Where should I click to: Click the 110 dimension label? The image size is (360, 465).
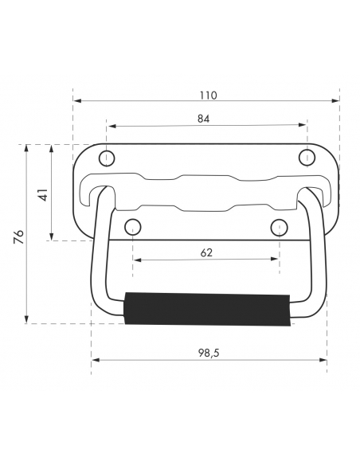pyautogui.click(x=208, y=96)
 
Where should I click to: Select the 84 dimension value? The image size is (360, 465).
pyautogui.click(x=203, y=119)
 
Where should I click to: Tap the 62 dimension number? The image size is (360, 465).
pyautogui.click(x=206, y=252)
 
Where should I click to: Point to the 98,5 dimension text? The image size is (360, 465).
pyautogui.click(x=209, y=353)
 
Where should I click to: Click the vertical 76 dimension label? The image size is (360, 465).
pyautogui.click(x=18, y=236)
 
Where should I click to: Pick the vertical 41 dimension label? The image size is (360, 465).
pyautogui.click(x=43, y=194)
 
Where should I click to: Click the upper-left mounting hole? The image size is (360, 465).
pyautogui.click(x=107, y=158)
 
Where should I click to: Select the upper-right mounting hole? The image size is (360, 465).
pyautogui.click(x=307, y=158)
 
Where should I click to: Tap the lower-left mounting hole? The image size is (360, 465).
pyautogui.click(x=132, y=228)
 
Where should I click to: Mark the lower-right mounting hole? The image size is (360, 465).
pyautogui.click(x=279, y=228)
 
